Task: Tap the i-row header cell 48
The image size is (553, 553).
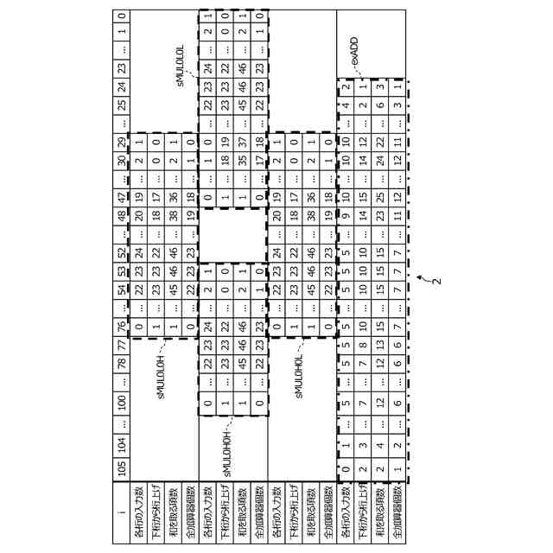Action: (122, 209)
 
